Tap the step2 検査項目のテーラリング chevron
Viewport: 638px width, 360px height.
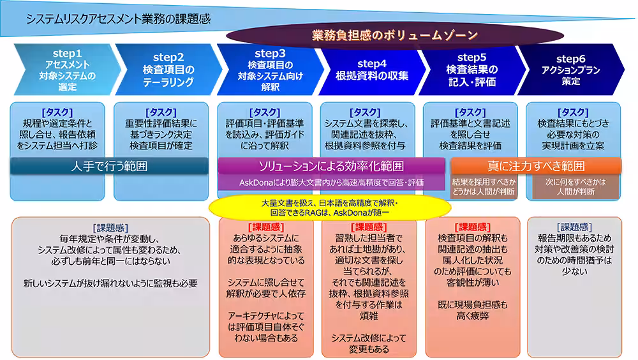[x=168, y=70]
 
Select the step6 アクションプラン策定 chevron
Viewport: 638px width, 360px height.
[x=570, y=70]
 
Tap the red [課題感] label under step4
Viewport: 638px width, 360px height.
[x=369, y=227]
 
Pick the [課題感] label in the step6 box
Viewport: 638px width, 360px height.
[x=575, y=227]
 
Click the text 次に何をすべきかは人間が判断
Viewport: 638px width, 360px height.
[x=575, y=186]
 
